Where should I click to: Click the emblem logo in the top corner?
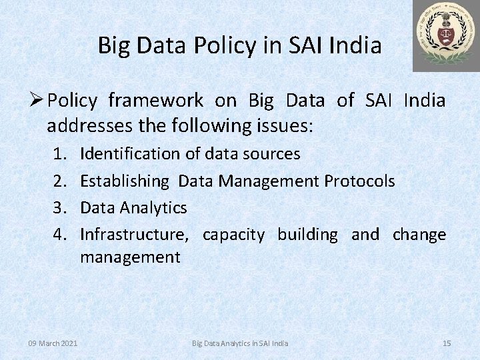click(445, 35)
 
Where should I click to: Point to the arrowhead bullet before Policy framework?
click(37, 101)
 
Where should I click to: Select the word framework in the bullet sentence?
click(155, 101)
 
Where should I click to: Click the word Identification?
click(129, 154)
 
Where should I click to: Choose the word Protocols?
click(359, 181)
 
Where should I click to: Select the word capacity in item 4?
click(233, 235)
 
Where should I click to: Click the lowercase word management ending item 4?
click(130, 257)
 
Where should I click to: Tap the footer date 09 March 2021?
click(53, 343)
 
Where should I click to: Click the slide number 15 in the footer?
click(447, 343)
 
